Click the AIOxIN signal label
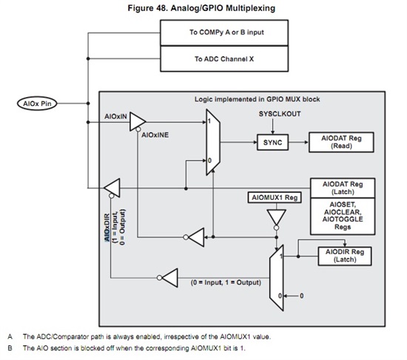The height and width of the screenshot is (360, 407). [x=117, y=118]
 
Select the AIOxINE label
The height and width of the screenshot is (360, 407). [x=155, y=136]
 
